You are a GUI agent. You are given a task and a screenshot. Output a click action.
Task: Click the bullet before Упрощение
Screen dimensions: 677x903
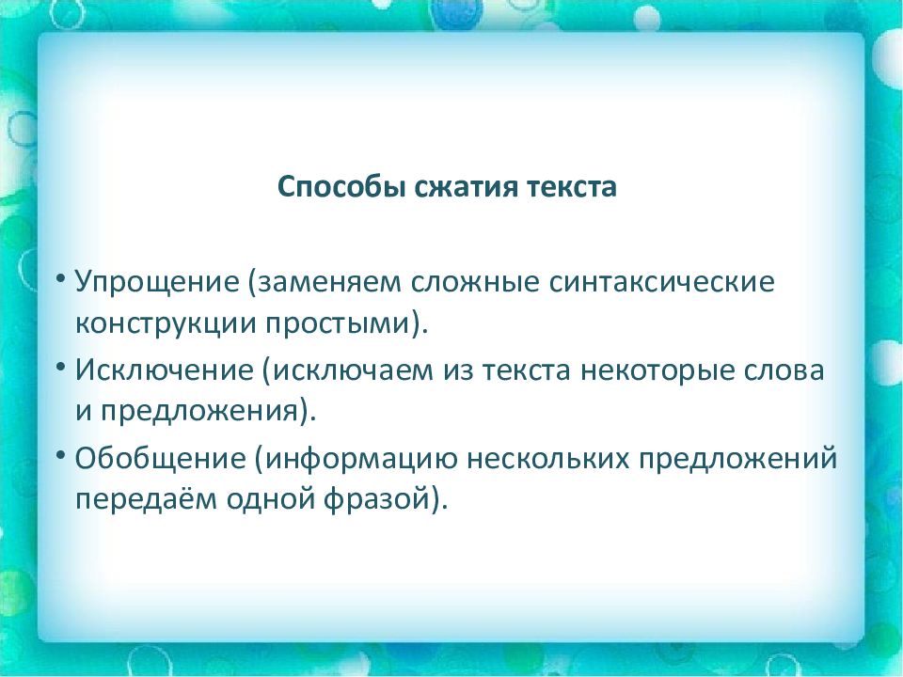tap(61, 279)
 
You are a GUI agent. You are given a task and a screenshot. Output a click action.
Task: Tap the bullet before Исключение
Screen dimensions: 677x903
tap(61, 368)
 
